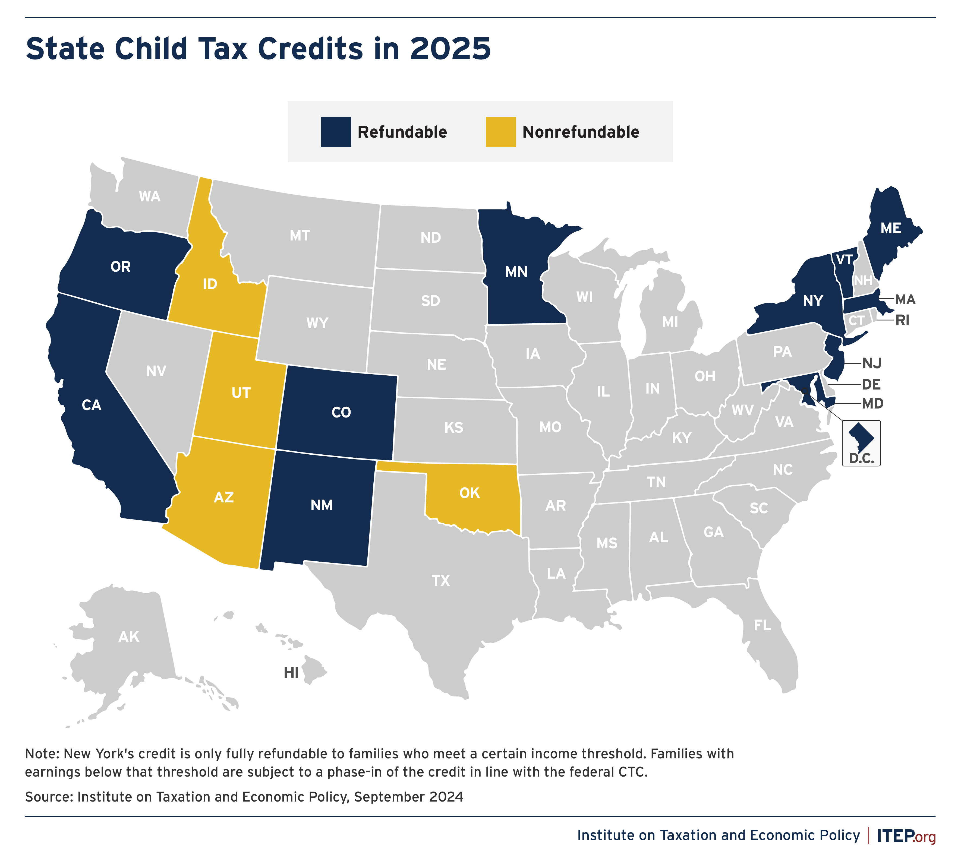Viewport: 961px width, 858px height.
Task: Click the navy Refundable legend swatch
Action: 336,132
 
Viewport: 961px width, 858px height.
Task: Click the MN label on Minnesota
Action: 516,272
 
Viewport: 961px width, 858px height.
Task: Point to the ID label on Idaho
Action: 210,284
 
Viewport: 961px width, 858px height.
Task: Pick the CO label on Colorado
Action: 341,413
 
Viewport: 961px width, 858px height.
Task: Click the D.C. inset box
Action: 861,443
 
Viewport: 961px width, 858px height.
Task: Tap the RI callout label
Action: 902,321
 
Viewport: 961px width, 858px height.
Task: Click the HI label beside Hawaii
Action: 291,673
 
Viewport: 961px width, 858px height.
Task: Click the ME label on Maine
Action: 891,229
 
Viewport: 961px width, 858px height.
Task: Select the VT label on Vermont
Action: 845,260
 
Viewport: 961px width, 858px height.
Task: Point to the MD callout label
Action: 872,404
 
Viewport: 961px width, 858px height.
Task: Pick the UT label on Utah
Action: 241,393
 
